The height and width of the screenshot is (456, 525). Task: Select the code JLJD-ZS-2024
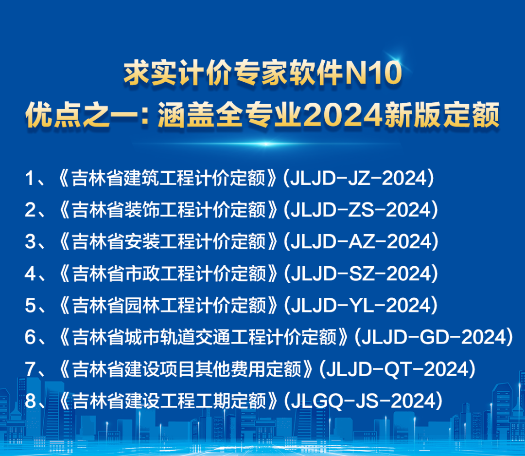[361, 210]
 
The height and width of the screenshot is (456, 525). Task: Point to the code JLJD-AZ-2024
[361, 242]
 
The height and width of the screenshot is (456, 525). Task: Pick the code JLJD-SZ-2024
[361, 274]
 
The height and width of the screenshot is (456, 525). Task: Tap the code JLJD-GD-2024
[434, 337]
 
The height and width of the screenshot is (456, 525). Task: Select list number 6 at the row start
[30, 337]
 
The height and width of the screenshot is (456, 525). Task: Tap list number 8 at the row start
[30, 401]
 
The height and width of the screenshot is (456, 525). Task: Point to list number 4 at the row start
[30, 274]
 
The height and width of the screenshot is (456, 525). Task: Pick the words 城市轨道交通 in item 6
[152, 337]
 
